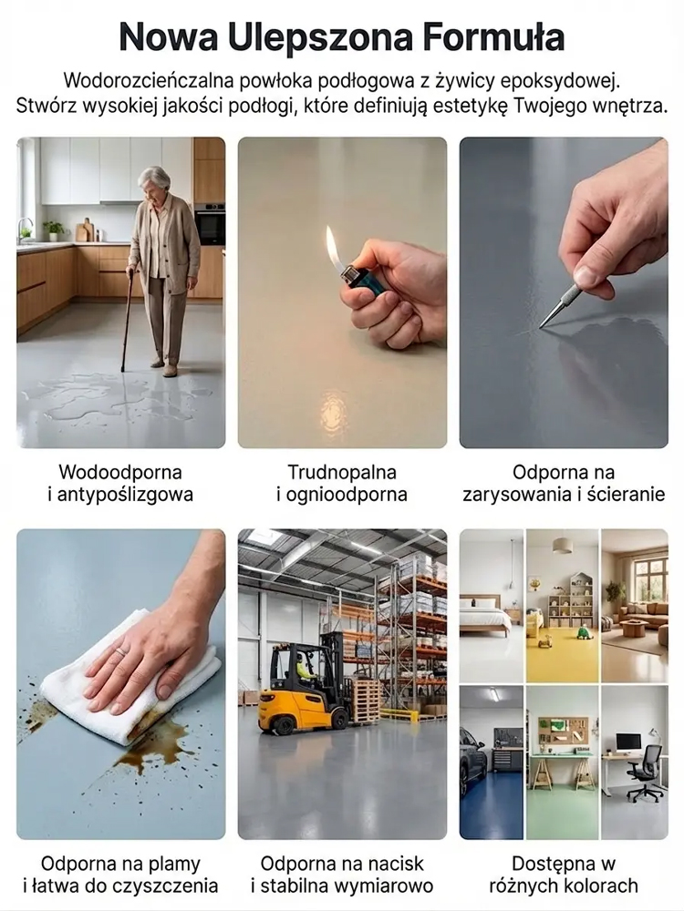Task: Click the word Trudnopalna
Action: point(342,473)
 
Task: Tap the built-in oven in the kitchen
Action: point(211,224)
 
